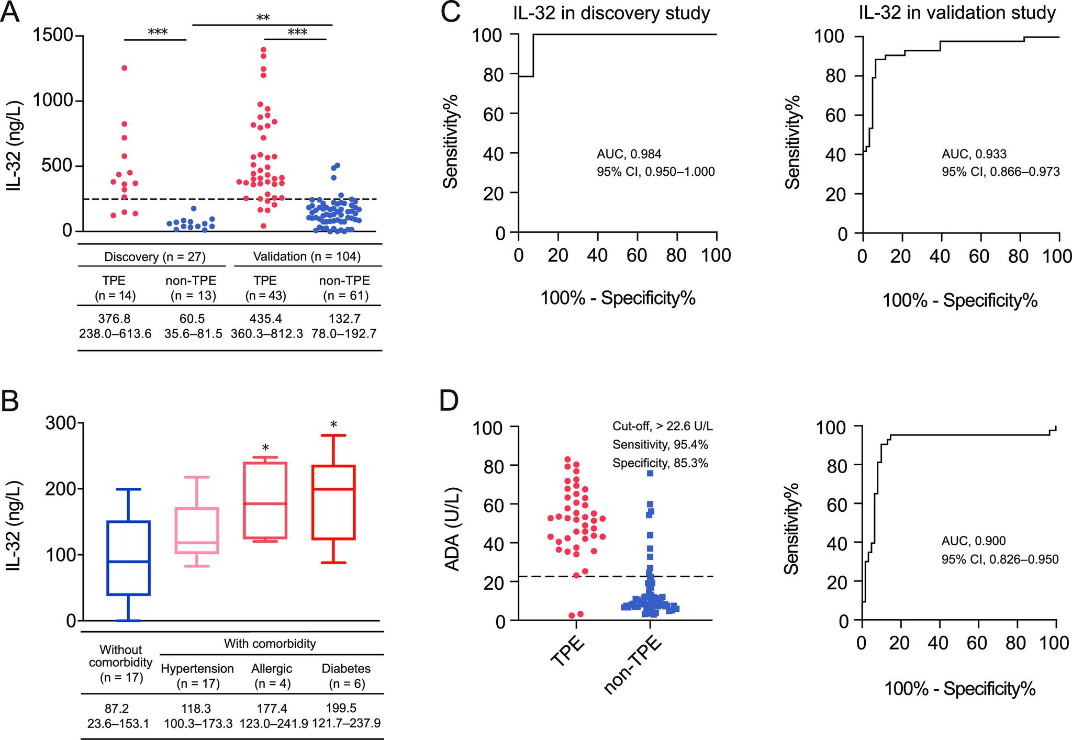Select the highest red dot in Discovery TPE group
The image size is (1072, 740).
click(125, 68)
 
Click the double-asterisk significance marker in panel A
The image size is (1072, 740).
click(263, 18)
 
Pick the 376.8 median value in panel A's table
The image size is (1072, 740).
click(115, 319)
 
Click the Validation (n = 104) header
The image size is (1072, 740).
click(307, 256)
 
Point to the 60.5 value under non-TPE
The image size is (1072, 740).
click(192, 319)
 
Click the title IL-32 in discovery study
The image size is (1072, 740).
click(611, 13)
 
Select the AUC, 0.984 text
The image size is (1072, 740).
click(629, 154)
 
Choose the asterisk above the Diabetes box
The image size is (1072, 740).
click(333, 424)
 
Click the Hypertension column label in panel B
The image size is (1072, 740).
click(197, 668)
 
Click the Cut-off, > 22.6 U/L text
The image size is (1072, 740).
click(663, 427)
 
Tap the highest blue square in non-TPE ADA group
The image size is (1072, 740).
click(650, 473)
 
